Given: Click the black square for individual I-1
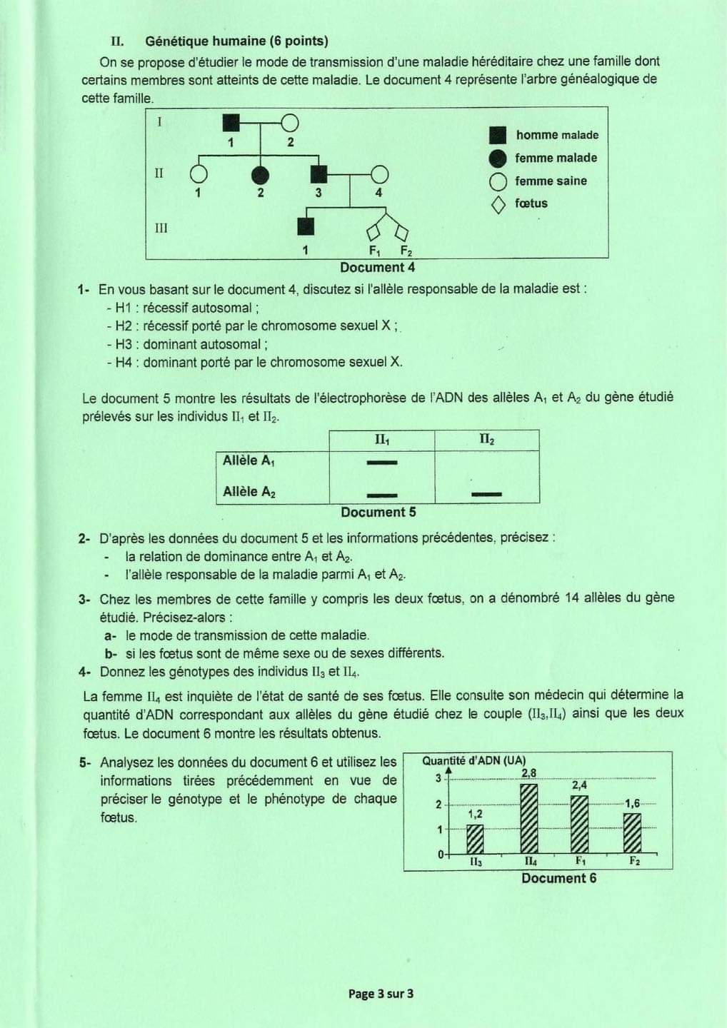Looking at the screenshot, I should point(231,123).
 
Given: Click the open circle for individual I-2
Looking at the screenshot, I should point(290,123).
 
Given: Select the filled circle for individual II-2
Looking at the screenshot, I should point(260,174).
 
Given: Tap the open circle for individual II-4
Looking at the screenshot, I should point(379,174).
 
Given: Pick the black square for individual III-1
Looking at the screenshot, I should point(306,226).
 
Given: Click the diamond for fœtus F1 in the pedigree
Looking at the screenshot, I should point(373,233).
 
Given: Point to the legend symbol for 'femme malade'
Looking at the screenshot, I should point(498,158).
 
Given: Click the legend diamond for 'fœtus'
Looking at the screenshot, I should point(498,205).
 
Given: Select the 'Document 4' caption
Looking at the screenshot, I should point(377,268).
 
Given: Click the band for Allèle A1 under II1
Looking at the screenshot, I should point(381,463).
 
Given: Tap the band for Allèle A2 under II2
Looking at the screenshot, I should point(486,494).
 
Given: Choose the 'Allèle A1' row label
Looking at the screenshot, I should point(249,460).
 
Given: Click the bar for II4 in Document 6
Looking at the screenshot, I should point(528,819).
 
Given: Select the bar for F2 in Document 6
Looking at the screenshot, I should point(633,833).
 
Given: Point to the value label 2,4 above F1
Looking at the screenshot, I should point(579,785).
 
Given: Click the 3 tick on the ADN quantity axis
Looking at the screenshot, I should point(438,779).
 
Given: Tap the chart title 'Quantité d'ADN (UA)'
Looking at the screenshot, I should point(473,761).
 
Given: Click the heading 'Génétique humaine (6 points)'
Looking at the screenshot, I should point(236,41).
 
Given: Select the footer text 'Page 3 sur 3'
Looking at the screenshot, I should point(381,994).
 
